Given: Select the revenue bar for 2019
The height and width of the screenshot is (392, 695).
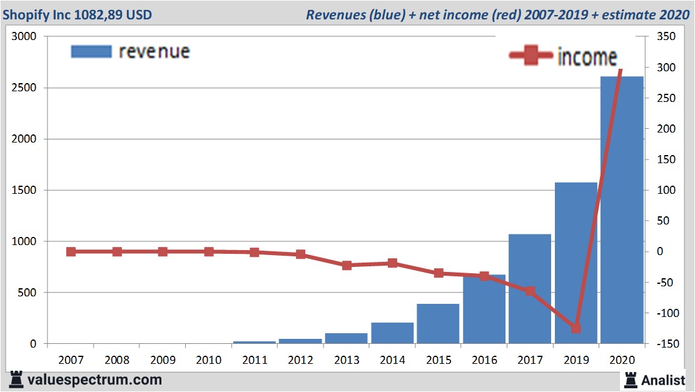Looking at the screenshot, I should point(576,263).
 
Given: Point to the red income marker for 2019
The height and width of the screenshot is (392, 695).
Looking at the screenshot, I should point(576,328).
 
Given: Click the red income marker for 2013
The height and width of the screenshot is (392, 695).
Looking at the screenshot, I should point(347,265).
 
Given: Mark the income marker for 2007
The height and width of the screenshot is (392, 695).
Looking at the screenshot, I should point(71,251).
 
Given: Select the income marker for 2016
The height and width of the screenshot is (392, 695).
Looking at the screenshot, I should point(484,276).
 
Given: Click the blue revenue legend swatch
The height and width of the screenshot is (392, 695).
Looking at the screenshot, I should point(91,51).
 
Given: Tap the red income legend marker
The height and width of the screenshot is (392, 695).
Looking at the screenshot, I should point(531,56).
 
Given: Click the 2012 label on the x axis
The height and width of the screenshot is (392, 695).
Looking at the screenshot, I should point(300,360).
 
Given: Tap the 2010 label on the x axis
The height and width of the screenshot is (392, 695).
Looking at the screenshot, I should point(208,360).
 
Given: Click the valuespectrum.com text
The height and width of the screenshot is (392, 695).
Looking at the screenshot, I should point(94,379).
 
